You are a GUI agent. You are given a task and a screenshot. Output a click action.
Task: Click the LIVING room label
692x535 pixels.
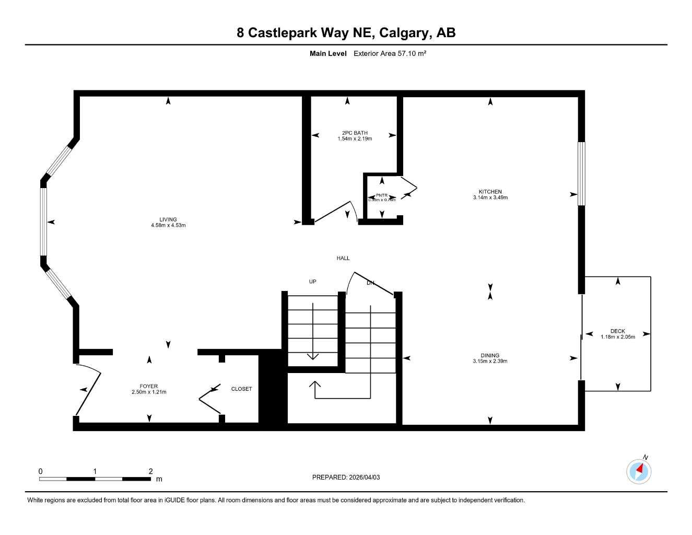(x=168, y=219)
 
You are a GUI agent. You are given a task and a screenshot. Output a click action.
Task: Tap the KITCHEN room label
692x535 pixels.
(x=490, y=192)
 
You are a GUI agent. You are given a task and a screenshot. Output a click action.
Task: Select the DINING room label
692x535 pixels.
(x=490, y=355)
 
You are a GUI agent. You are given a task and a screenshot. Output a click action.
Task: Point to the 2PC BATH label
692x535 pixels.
(x=355, y=133)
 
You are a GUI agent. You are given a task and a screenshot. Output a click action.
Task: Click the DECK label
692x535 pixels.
(x=617, y=331)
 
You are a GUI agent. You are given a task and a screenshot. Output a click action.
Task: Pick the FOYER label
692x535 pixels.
(x=149, y=386)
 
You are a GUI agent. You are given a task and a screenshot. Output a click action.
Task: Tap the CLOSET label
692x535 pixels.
(x=241, y=389)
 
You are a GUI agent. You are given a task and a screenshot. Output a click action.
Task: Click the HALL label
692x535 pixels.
(x=343, y=258)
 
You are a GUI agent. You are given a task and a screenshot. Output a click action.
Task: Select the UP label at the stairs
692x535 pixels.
(x=312, y=282)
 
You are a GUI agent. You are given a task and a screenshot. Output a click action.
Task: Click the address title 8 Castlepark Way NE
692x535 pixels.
(x=346, y=32)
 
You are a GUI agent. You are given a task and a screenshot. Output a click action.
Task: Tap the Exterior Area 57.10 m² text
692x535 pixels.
(x=390, y=53)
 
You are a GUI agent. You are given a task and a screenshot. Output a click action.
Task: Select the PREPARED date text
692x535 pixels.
(x=346, y=477)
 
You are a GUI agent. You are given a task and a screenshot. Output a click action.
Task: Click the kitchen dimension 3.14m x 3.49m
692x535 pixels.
(x=490, y=197)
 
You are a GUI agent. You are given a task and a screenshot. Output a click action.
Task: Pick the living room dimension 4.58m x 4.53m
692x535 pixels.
(x=168, y=225)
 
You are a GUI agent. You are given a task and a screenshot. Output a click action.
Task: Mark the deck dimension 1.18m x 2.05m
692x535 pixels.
(x=617, y=337)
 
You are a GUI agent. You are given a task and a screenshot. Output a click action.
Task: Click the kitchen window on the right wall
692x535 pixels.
(x=581, y=173)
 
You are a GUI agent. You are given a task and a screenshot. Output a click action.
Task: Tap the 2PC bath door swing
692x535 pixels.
(x=337, y=212)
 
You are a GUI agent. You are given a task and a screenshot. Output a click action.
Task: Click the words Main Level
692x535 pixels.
(x=328, y=53)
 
